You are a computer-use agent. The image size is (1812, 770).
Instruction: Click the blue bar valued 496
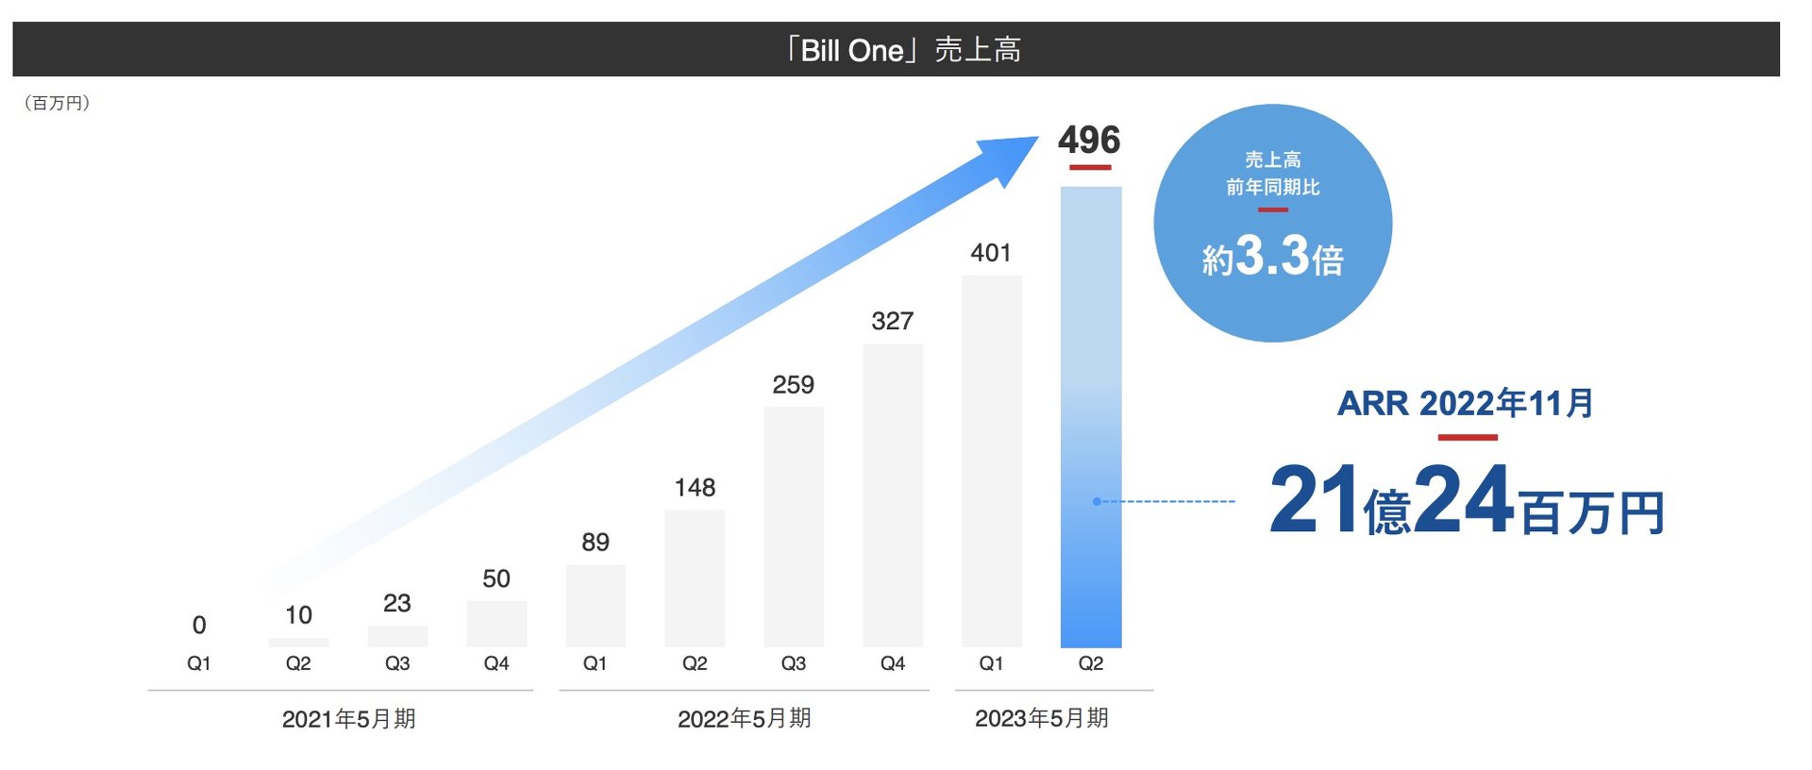click(1091, 415)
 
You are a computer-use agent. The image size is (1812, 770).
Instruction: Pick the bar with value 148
click(695, 577)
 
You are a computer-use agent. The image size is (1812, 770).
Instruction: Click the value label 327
click(892, 321)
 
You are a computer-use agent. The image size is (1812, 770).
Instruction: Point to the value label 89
click(596, 543)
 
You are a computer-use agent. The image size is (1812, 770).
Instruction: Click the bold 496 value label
click(1089, 141)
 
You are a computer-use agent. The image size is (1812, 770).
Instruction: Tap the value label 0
click(199, 625)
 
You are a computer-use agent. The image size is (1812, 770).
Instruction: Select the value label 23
click(397, 603)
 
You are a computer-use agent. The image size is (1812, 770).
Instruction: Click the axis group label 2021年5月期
click(348, 719)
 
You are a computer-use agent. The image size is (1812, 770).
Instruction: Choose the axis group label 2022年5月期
click(744, 719)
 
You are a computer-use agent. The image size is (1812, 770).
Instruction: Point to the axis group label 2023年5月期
click(1041, 719)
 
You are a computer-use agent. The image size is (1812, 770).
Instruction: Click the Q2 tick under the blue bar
click(1090, 663)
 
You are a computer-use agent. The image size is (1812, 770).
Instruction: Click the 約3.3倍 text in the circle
click(1272, 257)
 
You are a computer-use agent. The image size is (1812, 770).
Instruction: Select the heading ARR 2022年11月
click(1466, 404)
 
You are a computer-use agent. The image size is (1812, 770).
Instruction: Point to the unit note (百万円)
click(57, 103)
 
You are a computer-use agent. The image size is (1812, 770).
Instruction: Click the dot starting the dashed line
click(1097, 501)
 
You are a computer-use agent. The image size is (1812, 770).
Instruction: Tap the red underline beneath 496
click(1090, 168)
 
